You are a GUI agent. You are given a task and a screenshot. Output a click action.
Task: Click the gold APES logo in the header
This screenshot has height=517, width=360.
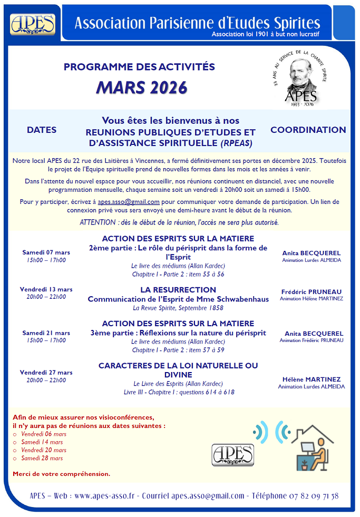[x=33, y=24]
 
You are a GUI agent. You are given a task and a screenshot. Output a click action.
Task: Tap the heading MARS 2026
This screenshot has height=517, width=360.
[x=141, y=87]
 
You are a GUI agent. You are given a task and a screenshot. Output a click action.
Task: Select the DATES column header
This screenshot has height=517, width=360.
[x=42, y=130]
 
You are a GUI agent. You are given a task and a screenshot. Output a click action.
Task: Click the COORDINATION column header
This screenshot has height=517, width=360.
[x=308, y=130]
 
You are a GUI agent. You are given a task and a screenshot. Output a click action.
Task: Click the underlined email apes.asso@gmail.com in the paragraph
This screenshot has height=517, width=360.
[x=129, y=201]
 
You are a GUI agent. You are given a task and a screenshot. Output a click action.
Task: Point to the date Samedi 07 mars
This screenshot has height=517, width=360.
[x=46, y=252]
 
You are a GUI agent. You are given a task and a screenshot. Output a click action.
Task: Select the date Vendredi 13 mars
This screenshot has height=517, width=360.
[x=46, y=289]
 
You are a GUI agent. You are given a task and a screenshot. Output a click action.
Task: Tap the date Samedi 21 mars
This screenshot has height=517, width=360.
[x=46, y=333]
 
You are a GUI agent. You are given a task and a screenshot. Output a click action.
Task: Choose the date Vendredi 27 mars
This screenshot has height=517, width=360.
[x=46, y=373]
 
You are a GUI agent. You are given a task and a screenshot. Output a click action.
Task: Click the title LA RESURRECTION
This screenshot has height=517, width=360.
[x=178, y=290]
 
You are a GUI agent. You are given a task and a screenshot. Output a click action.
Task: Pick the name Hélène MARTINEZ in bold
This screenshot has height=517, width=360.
[x=312, y=379]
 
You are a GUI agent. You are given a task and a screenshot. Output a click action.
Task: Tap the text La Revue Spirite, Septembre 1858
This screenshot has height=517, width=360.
[x=178, y=308]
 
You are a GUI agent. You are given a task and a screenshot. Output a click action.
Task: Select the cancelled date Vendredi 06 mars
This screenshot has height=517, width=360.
[x=44, y=434]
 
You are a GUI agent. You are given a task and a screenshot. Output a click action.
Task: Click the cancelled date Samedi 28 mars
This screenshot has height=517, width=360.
[x=42, y=458]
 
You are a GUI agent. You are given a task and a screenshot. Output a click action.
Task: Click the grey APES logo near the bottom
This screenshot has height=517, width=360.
[x=232, y=454]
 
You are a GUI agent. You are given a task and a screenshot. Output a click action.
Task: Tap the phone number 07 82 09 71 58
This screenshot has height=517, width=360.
[x=314, y=496]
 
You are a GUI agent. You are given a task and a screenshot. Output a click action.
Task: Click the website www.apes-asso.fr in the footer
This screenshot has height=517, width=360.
[x=105, y=496]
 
